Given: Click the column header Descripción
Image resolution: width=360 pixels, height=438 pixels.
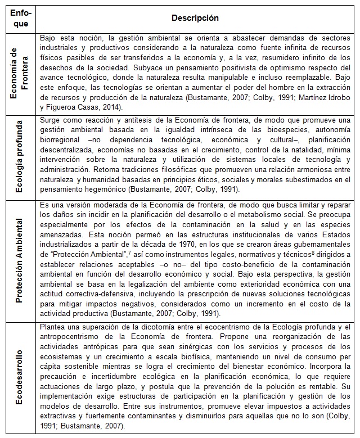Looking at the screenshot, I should [195, 18].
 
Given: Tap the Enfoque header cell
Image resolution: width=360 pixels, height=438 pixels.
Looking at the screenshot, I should [21, 18].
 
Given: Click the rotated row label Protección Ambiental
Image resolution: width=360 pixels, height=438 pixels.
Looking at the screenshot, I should [21, 259].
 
